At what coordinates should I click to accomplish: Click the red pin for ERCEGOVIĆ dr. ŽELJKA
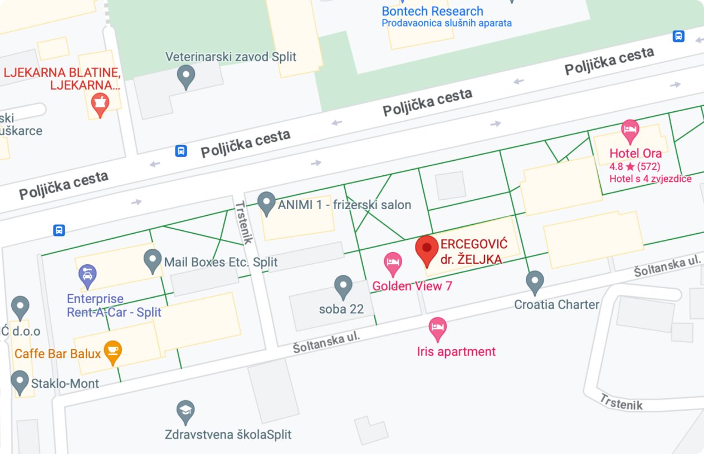(x=427, y=250)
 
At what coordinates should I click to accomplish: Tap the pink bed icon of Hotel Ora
(x=629, y=131)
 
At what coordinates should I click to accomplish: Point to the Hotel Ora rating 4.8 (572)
(x=634, y=166)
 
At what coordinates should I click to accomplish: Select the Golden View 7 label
(x=412, y=286)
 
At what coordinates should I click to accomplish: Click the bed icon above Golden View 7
(x=393, y=263)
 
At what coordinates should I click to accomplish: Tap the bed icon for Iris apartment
(x=437, y=328)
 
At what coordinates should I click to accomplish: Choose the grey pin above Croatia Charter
(x=535, y=282)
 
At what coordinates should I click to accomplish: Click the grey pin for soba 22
(x=343, y=286)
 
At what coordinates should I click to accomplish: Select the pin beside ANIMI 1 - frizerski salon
(x=267, y=203)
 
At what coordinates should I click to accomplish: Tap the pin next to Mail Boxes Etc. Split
(x=152, y=260)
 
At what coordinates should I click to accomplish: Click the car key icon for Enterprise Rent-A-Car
(x=87, y=275)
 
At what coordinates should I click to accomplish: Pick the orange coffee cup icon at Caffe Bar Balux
(x=113, y=352)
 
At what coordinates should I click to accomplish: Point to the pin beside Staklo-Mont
(x=20, y=382)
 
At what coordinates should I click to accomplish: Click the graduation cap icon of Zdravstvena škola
(x=185, y=411)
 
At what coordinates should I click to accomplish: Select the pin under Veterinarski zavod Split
(x=185, y=76)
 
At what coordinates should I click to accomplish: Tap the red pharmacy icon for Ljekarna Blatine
(x=100, y=104)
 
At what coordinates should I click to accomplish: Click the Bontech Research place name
(x=432, y=11)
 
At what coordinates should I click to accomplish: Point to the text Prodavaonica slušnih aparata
(x=446, y=23)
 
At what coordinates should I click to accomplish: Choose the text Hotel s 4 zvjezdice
(x=650, y=179)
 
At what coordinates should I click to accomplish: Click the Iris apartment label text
(x=456, y=352)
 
